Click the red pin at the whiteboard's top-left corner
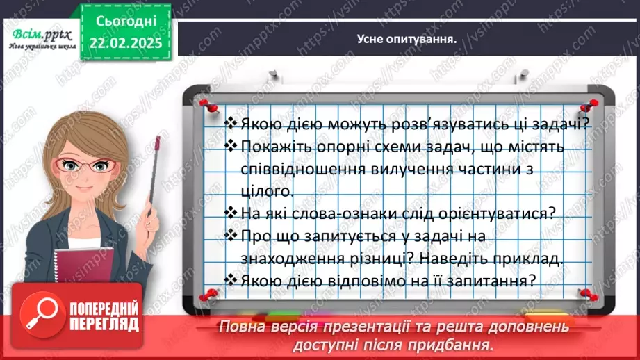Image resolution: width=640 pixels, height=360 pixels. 206,104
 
